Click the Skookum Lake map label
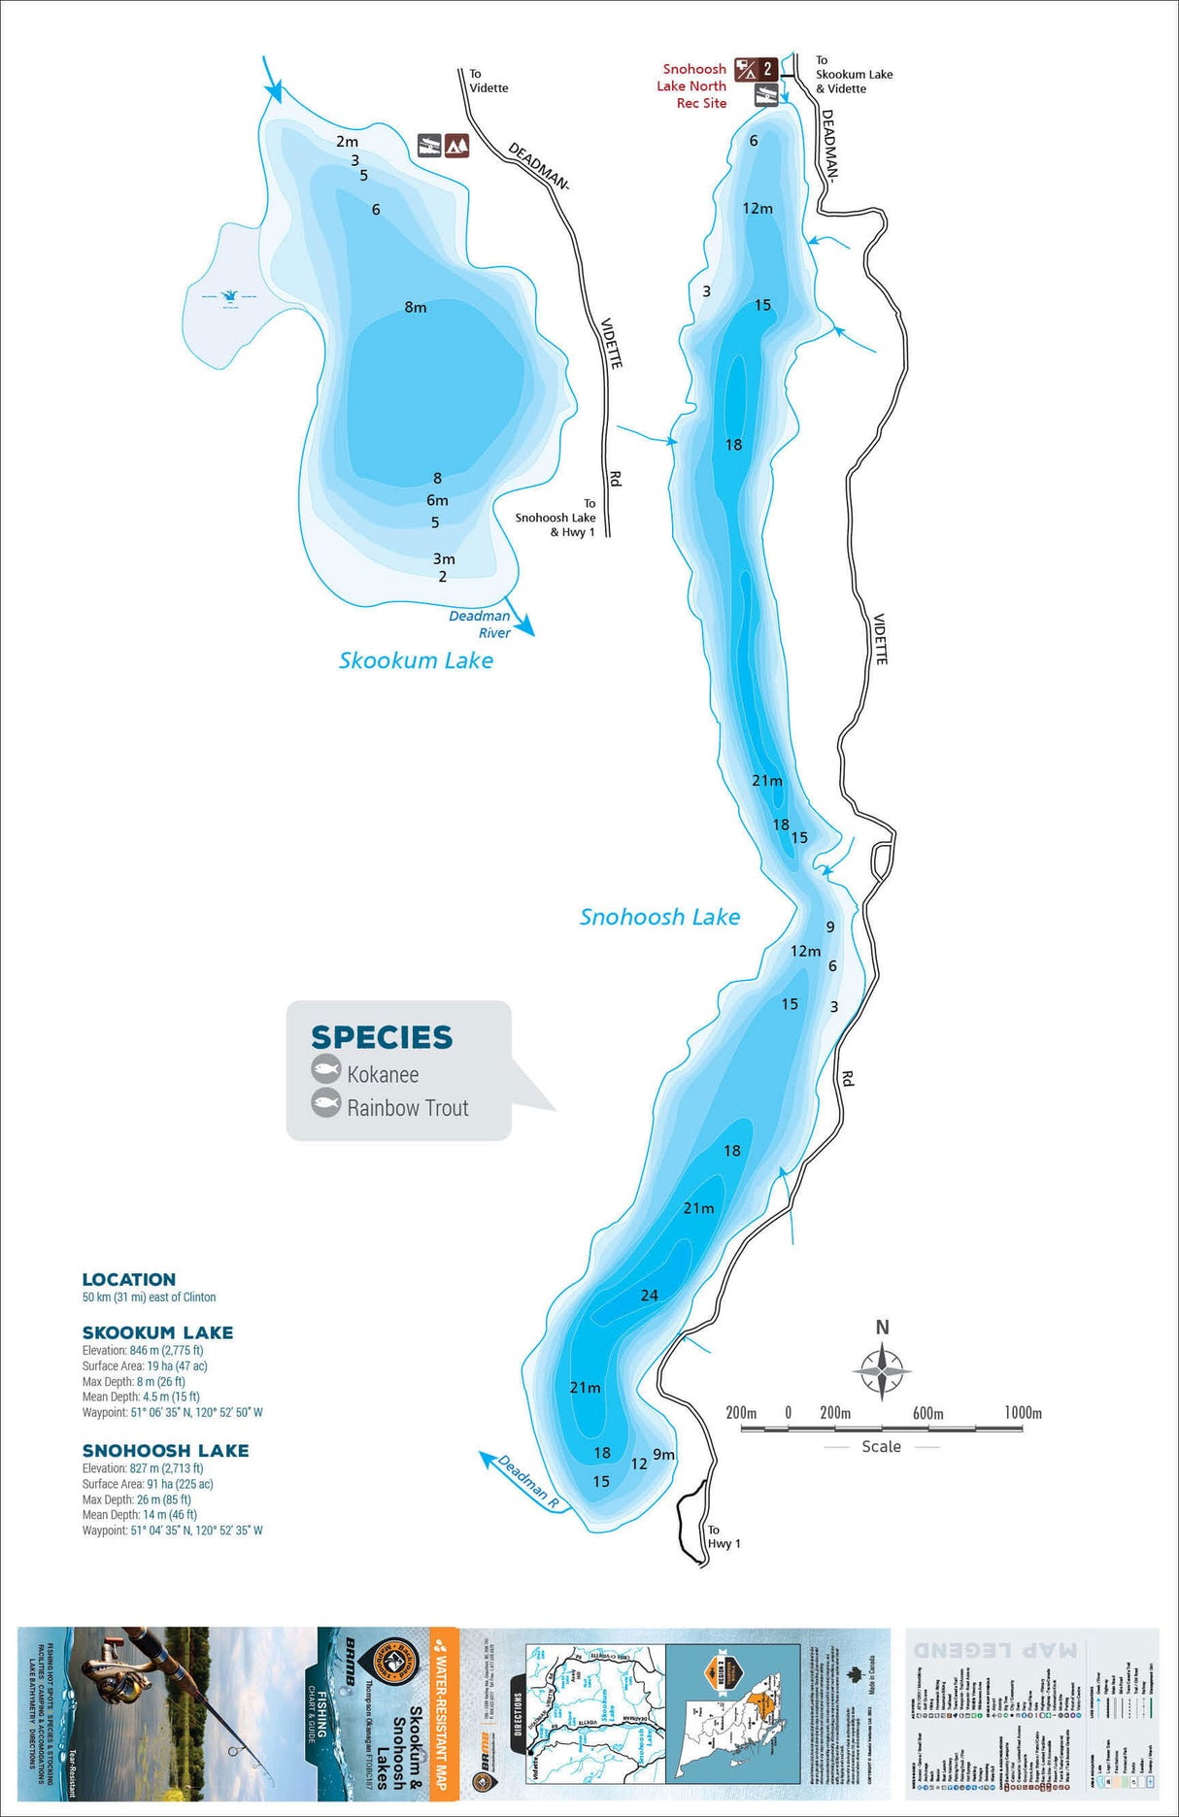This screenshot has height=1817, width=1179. (x=416, y=660)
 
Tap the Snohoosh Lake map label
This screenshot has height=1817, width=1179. (x=659, y=917)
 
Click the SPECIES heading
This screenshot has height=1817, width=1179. (x=382, y=1037)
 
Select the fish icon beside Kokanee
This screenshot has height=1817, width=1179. (x=325, y=1070)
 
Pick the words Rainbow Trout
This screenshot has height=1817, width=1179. (x=408, y=1108)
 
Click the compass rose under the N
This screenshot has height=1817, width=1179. (x=882, y=1371)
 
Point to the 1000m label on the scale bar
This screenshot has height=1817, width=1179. (x=1023, y=1413)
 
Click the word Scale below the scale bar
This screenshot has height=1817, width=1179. (x=881, y=1447)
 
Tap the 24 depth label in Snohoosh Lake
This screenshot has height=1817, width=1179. (x=650, y=1295)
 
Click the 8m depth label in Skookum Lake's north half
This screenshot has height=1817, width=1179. (x=416, y=308)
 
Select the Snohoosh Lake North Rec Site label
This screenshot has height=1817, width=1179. (x=691, y=86)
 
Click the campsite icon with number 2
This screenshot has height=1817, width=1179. (x=756, y=69)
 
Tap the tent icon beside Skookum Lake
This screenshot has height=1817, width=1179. (x=457, y=146)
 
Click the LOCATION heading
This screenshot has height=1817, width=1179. (x=129, y=1280)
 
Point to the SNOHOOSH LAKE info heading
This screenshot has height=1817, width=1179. (x=166, y=1451)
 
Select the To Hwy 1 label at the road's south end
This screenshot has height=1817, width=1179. (x=724, y=1536)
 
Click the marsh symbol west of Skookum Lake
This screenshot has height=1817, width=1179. (x=230, y=296)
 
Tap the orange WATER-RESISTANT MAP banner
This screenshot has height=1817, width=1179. (x=443, y=1709)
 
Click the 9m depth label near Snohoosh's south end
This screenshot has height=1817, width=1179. (x=663, y=1455)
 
